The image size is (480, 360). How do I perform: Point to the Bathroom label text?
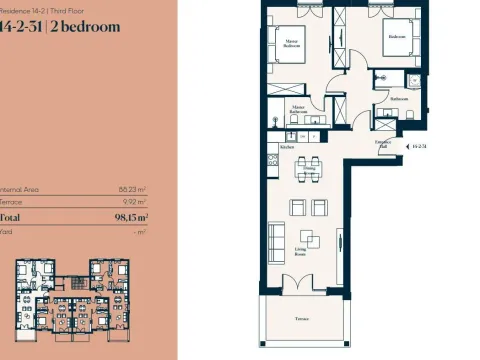(x=399, y=99)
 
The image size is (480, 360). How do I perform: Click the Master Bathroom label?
(x=299, y=107)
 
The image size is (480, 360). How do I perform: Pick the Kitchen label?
(x=287, y=147)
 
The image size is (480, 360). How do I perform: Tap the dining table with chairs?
(x=308, y=167)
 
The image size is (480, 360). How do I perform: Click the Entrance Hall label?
(x=382, y=145)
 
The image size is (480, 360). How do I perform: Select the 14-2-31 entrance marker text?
(x=419, y=147)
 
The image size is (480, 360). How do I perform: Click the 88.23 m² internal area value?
(x=133, y=187)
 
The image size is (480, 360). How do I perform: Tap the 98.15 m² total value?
(x=131, y=215)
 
